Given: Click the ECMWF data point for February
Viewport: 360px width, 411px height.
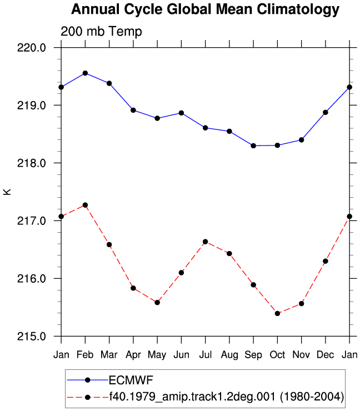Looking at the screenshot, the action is (x=85, y=73).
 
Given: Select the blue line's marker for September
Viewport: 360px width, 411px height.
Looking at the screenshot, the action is (x=253, y=146).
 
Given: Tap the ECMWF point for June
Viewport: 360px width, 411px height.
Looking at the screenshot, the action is (x=181, y=113).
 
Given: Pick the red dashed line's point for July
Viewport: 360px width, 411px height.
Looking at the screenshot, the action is (x=206, y=242).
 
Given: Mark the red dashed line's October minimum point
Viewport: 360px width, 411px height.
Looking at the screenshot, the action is (x=277, y=313).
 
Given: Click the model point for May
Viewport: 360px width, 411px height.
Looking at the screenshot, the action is (x=157, y=303).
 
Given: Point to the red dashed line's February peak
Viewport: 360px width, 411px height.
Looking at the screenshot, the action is (x=85, y=205).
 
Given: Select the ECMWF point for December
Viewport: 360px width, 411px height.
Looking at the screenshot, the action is (x=326, y=112).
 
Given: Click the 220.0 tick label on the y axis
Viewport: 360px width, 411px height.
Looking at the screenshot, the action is (x=32, y=48).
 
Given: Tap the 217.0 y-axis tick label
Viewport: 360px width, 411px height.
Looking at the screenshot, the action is (x=32, y=221).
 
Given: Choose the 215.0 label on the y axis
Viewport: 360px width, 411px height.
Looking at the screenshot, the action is (x=32, y=336).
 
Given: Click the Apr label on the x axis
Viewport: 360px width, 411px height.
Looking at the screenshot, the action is (x=133, y=355).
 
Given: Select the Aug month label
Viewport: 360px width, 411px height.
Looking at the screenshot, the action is (x=229, y=355).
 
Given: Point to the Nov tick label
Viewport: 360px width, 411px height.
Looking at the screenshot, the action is (x=301, y=355).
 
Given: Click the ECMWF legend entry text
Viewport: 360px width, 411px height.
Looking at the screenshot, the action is (x=131, y=380).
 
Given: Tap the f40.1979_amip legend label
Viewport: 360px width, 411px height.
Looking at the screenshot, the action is (x=226, y=397).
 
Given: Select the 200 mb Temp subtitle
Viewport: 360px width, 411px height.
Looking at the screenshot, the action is (x=101, y=32).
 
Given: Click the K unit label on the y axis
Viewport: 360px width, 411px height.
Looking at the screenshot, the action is (x=7, y=192).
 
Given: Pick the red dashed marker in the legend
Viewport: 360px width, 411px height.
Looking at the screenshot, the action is (x=88, y=397).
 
